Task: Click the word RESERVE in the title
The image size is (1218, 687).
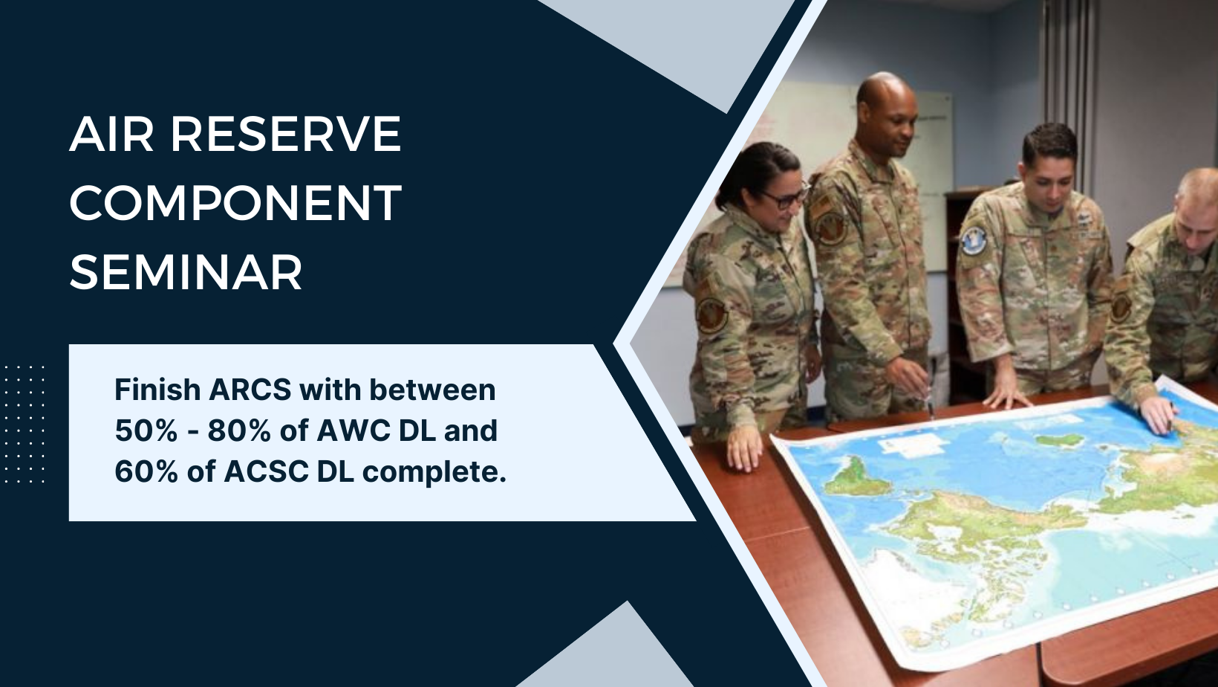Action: pyautogui.click(x=287, y=135)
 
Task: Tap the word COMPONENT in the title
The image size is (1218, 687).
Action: pyautogui.click(x=235, y=203)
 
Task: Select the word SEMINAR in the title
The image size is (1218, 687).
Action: pyautogui.click(x=186, y=271)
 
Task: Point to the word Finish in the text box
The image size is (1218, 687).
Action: pyautogui.click(x=157, y=390)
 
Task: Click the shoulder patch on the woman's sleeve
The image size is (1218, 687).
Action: pyautogui.click(x=711, y=314)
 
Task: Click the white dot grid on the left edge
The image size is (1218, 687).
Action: pyautogui.click(x=24, y=424)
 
